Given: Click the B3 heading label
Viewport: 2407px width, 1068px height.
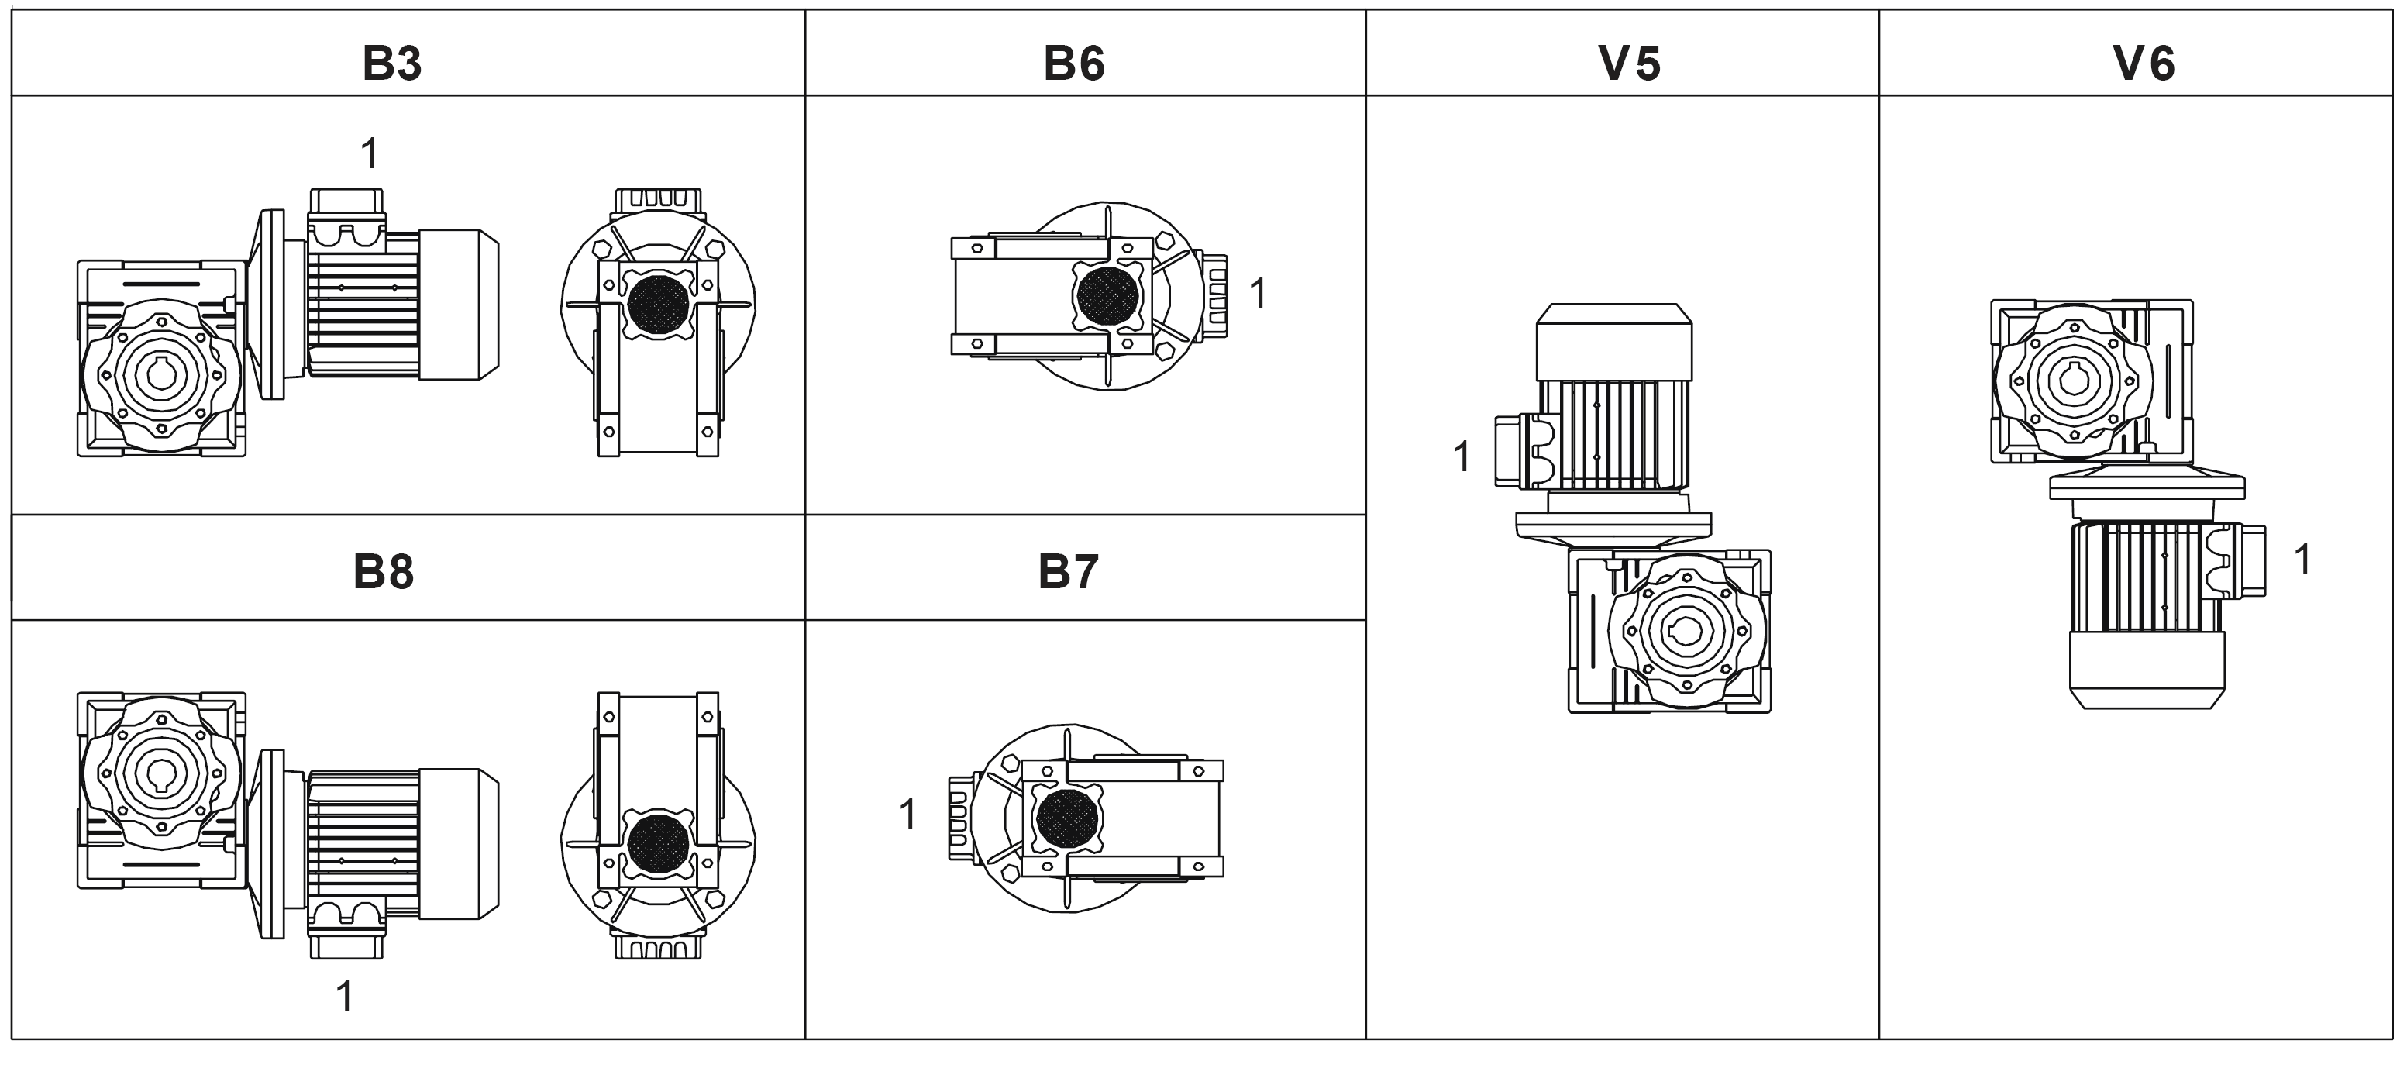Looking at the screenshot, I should (x=391, y=64).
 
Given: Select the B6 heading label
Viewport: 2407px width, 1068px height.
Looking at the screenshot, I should (x=1073, y=64).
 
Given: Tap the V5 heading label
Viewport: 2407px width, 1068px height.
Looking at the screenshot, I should (x=1630, y=64).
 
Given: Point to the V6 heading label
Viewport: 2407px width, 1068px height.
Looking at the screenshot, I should (x=2144, y=64).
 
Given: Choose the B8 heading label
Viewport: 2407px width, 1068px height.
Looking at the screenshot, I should (x=383, y=572).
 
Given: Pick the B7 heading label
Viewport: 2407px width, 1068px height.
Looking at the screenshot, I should (x=1068, y=572).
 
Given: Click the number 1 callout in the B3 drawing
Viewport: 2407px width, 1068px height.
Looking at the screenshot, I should (x=370, y=153).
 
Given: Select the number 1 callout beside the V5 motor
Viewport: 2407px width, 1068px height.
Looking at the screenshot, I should (x=1462, y=457).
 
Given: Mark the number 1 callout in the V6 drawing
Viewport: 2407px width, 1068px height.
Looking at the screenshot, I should (x=2302, y=559).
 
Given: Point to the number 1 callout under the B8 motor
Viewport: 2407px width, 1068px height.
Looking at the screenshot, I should (x=345, y=996).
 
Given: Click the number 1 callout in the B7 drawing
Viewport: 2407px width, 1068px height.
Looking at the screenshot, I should (x=907, y=814).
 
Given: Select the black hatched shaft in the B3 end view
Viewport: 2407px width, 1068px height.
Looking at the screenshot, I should (x=658, y=305).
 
